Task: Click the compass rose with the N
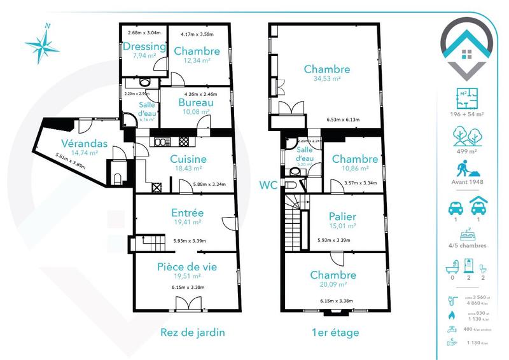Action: [43, 43]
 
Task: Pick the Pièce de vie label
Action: [186, 267]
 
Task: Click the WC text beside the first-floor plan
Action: [267, 186]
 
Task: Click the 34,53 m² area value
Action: [326, 79]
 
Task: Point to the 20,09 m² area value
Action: [333, 286]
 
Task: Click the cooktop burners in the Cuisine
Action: [185, 142]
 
